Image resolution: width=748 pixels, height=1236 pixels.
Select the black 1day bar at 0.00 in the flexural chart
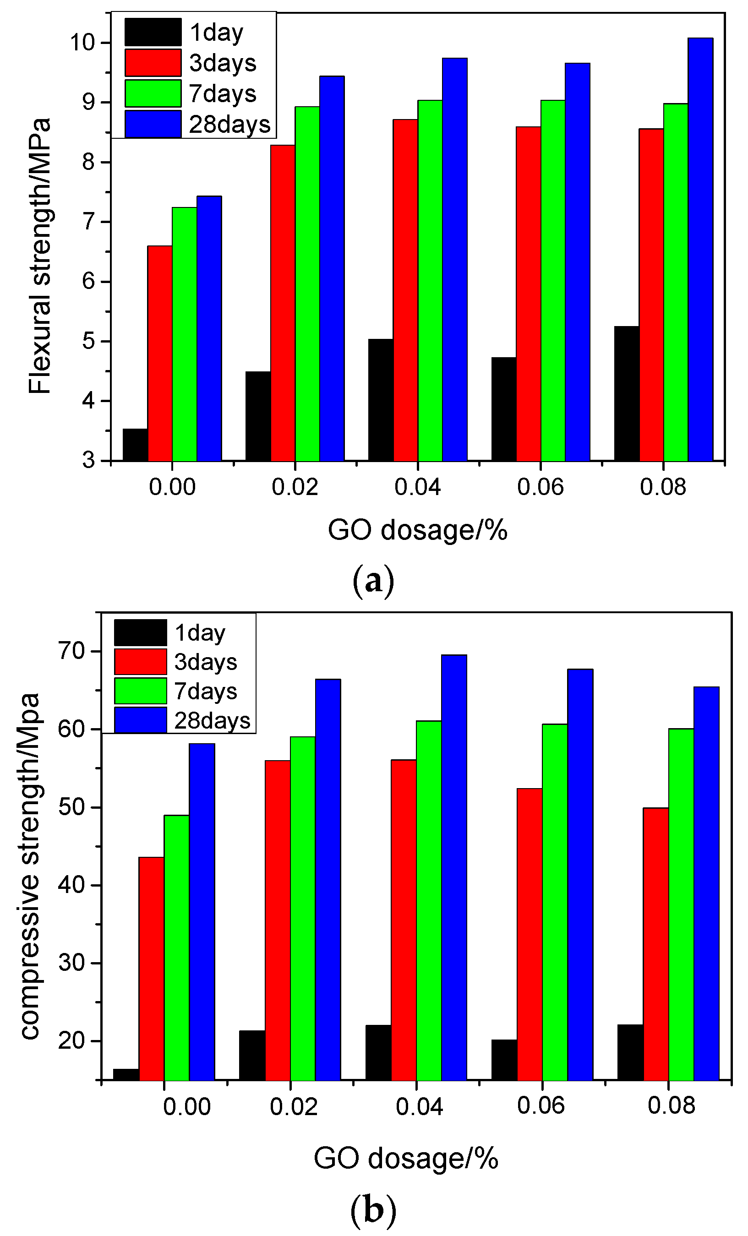point(135,445)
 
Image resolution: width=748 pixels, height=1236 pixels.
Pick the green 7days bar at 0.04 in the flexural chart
point(430,280)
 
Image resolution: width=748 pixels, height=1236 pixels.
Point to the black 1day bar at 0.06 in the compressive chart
point(504,1059)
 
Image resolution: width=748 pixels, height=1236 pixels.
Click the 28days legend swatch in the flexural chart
point(153,124)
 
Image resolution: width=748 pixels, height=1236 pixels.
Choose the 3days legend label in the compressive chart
point(205,662)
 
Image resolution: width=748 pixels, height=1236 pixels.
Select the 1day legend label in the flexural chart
point(216,33)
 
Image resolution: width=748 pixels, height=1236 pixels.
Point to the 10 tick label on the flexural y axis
point(83,43)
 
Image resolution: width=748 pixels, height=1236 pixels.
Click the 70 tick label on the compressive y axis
point(72,651)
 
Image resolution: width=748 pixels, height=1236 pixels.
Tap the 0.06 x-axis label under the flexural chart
point(541,487)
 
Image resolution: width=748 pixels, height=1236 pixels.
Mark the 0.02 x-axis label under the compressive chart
point(294,1106)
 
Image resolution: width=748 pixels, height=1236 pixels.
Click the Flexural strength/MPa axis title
point(40,256)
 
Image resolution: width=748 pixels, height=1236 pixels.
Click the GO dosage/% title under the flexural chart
point(417,530)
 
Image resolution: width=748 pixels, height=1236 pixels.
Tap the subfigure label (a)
point(374,581)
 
